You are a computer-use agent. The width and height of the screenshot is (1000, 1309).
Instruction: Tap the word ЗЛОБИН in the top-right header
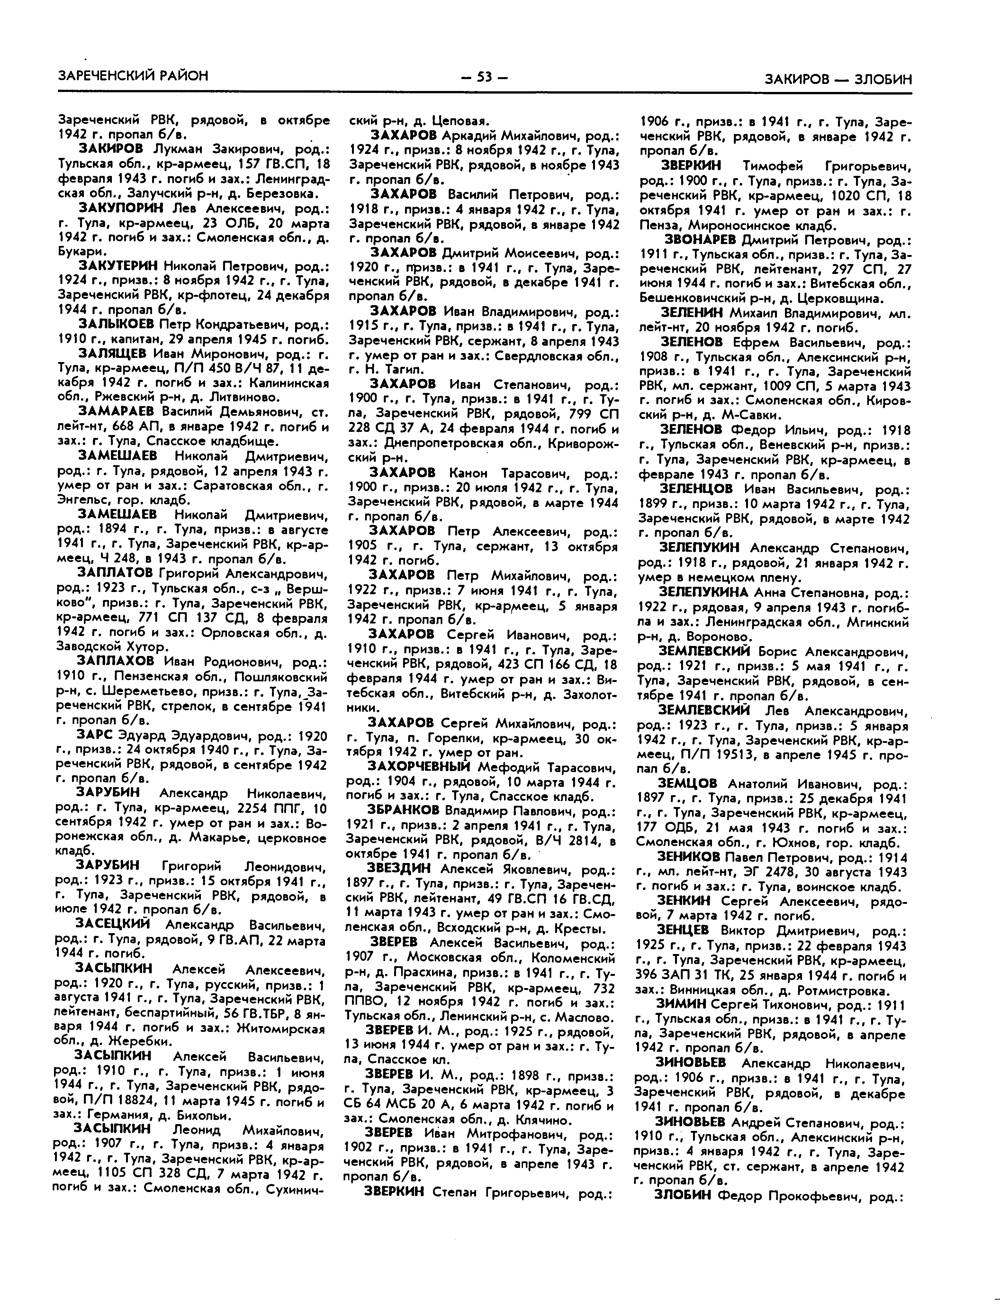coord(883,79)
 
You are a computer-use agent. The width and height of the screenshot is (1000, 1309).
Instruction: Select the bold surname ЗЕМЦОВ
coord(688,784)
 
